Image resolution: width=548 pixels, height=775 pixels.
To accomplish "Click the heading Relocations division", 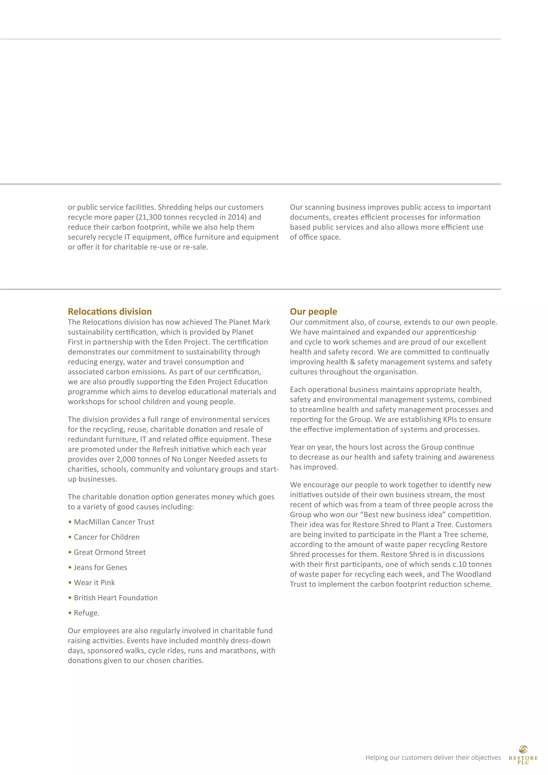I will pyautogui.click(x=110, y=311).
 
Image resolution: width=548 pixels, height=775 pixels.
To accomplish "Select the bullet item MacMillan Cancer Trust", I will pyautogui.click(x=114, y=522).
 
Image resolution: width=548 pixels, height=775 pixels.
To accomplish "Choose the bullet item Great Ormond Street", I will pyautogui.click(x=110, y=552).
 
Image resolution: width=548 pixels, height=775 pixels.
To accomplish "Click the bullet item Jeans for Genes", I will pyautogui.click(x=100, y=567).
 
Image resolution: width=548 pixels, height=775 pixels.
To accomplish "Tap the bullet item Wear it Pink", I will pyautogui.click(x=94, y=583).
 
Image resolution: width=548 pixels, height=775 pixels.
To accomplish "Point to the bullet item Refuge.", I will pyautogui.click(x=86, y=613).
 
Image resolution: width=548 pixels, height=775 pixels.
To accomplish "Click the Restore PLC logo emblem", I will pyautogui.click(x=523, y=749).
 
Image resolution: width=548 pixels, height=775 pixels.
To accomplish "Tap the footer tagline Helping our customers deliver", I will pyautogui.click(x=433, y=757).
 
